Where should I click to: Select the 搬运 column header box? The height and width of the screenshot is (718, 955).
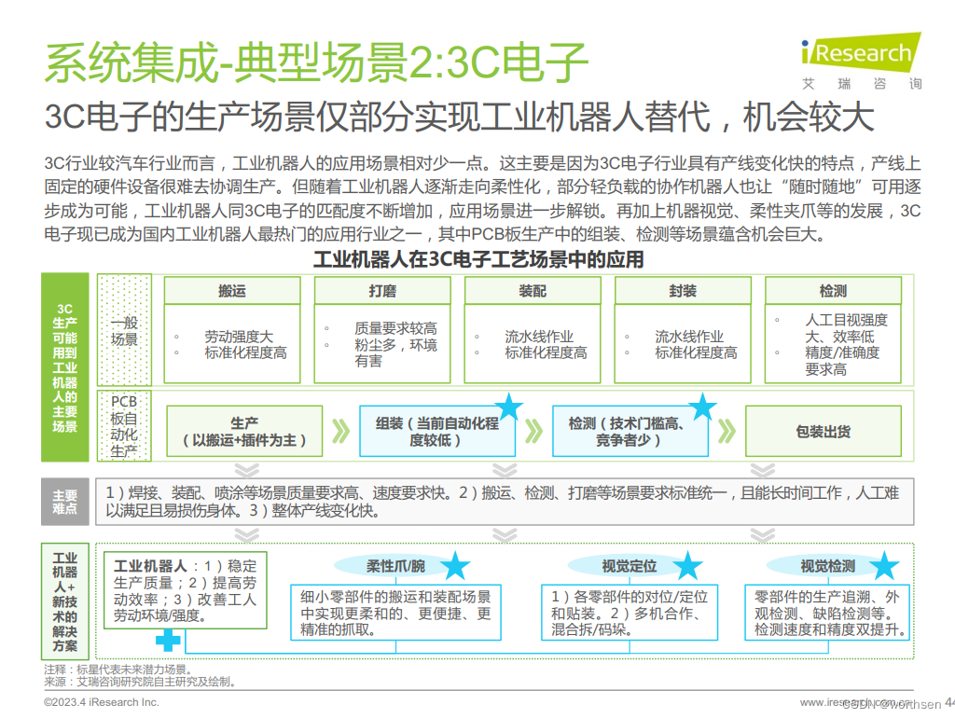point(232,291)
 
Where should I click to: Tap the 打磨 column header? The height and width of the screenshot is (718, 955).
point(382,291)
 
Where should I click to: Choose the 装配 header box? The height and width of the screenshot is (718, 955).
point(533,291)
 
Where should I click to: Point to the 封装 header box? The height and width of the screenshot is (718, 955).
point(683,291)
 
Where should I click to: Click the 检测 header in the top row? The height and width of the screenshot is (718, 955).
point(833,291)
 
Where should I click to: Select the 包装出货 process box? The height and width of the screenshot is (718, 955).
point(823,432)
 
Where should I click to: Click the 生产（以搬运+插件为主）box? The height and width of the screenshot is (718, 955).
point(244,432)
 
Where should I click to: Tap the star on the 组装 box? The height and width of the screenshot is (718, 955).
point(509,407)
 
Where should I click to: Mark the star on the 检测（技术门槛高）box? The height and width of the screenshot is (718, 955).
point(702,407)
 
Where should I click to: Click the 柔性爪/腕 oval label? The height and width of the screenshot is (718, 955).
point(395,566)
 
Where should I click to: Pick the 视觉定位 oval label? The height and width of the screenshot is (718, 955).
point(630,566)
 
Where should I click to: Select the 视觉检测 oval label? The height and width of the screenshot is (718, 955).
point(827,566)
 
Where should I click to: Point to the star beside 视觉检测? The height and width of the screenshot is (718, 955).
point(883,566)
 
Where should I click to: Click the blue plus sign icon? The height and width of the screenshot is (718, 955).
point(168,641)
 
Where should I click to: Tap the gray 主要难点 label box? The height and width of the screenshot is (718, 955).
point(64,504)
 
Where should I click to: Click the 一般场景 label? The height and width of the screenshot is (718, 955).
point(124,330)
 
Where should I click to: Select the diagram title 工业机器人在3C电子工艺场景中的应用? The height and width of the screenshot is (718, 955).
point(477,259)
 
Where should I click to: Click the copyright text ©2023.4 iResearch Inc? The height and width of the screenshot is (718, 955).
point(102,701)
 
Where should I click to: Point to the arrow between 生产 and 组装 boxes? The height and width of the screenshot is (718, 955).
point(341,432)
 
